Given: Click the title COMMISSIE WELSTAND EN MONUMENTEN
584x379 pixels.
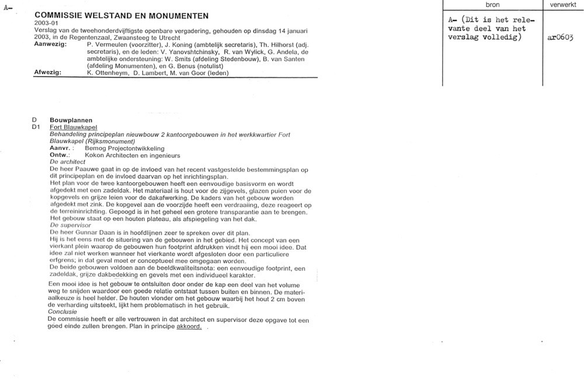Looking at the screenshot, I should tap(121, 14).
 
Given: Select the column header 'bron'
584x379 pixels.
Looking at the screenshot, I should tap(493, 5).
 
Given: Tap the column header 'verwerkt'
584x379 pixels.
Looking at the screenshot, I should tap(563, 5).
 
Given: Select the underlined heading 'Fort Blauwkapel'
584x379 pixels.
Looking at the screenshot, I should tap(74, 127).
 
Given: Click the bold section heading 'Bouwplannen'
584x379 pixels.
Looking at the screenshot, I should tap(71, 120).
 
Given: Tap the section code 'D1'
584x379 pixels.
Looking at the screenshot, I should tap(36, 127).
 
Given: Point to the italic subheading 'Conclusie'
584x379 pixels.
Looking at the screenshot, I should tap(62, 312).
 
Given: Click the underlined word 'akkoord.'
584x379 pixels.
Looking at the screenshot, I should tap(189, 327).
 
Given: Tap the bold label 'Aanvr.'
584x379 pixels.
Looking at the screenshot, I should tap(60, 148).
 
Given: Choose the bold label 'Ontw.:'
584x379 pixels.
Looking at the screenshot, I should tap(60, 155).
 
